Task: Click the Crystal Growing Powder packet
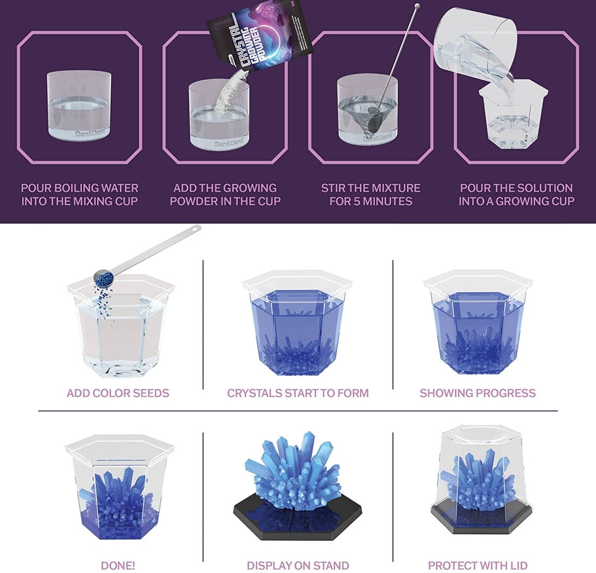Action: click(259, 36)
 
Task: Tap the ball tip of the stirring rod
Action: click(417, 6)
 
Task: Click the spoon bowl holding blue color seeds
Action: click(104, 278)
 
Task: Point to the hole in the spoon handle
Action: click(196, 229)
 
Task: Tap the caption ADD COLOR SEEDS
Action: click(118, 393)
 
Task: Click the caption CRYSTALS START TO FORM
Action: click(298, 393)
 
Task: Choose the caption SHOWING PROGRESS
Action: click(478, 393)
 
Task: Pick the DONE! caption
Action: click(118, 566)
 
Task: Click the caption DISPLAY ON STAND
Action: click(298, 566)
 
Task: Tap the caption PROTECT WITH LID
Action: click(478, 566)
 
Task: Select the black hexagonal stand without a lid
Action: click(297, 521)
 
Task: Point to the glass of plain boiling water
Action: click(79, 105)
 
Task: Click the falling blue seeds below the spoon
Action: click(104, 305)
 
